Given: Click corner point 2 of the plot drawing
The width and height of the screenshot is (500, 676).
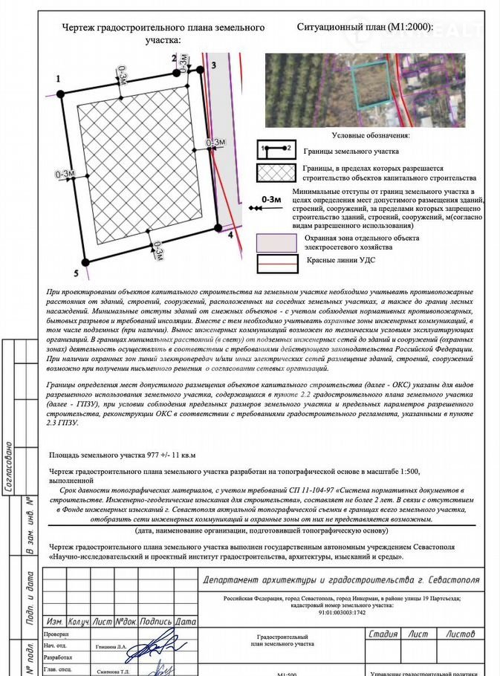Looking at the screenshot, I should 177,72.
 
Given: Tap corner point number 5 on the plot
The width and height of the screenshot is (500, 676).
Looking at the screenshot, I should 85,261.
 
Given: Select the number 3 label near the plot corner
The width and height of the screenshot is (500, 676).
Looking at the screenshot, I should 212,66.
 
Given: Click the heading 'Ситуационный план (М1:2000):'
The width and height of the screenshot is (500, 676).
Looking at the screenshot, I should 365,27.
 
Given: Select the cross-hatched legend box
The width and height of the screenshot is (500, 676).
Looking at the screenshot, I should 276,173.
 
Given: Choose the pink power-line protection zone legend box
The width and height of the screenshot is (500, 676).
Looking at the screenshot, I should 276,242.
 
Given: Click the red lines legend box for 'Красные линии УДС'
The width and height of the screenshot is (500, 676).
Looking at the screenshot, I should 276,262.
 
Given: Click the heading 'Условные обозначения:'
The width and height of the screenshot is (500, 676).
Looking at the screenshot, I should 370,135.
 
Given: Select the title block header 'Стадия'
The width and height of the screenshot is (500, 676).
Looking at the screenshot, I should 383,634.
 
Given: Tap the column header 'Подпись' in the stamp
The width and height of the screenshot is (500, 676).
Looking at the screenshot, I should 155,621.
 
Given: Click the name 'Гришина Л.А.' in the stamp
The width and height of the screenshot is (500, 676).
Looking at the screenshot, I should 111,646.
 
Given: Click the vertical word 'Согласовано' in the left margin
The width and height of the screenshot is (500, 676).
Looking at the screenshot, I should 9,468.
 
